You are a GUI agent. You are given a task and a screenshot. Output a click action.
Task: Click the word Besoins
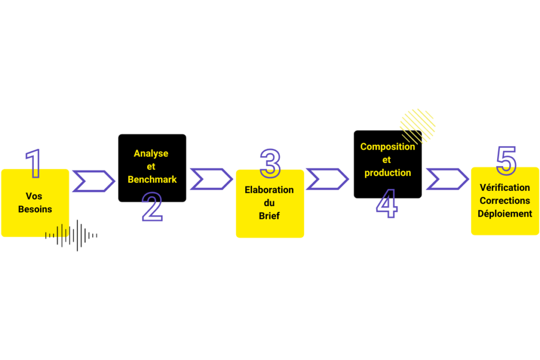pyautogui.click(x=35, y=209)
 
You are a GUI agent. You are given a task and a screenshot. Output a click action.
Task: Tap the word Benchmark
pyautogui.click(x=152, y=179)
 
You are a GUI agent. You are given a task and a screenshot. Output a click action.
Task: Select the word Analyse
pyautogui.click(x=151, y=153)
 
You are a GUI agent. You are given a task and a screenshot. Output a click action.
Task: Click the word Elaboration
pyautogui.click(x=269, y=190)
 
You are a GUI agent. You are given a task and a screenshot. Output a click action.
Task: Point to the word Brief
pyautogui.click(x=269, y=216)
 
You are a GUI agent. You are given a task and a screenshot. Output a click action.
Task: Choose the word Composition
pyautogui.click(x=388, y=147)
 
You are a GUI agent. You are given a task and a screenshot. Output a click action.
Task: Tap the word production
pyautogui.click(x=388, y=173)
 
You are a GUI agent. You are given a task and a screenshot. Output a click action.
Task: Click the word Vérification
pyautogui.click(x=505, y=188)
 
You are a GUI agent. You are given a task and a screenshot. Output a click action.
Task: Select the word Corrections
pyautogui.click(x=505, y=201)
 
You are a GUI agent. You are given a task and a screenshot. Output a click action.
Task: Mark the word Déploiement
pyautogui.click(x=505, y=213)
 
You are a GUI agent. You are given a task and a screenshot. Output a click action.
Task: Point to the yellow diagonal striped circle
pyautogui.click(x=418, y=125)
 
